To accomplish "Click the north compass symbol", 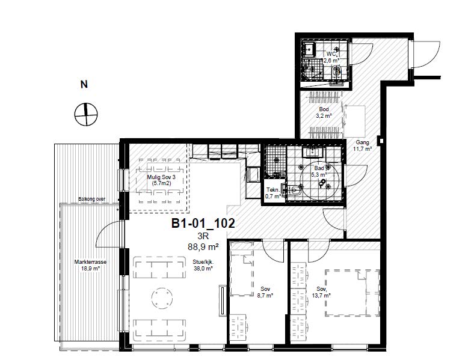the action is (x=86, y=114).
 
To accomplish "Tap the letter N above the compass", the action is (x=84, y=84).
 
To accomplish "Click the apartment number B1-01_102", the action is (x=203, y=224).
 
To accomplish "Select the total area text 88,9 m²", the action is (x=203, y=247).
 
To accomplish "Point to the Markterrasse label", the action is (x=90, y=262).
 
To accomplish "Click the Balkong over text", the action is (x=92, y=200).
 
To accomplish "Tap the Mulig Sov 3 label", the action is (x=161, y=177).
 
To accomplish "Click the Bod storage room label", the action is (x=324, y=109).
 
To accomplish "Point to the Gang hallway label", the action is (x=363, y=142).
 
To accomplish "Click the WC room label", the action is (x=331, y=54).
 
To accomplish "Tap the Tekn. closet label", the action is (x=272, y=190).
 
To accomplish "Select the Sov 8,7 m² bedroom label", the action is (x=265, y=289).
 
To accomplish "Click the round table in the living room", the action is (x=162, y=298).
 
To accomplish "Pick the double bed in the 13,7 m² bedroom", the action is (x=352, y=293).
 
